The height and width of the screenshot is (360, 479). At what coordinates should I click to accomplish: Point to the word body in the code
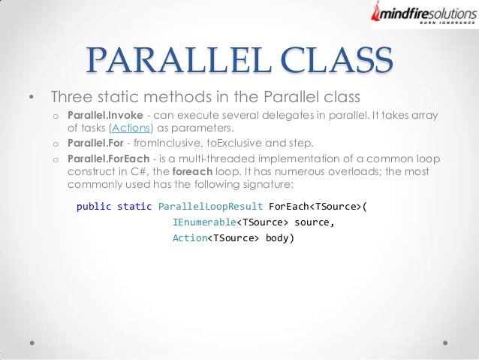click(277, 239)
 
